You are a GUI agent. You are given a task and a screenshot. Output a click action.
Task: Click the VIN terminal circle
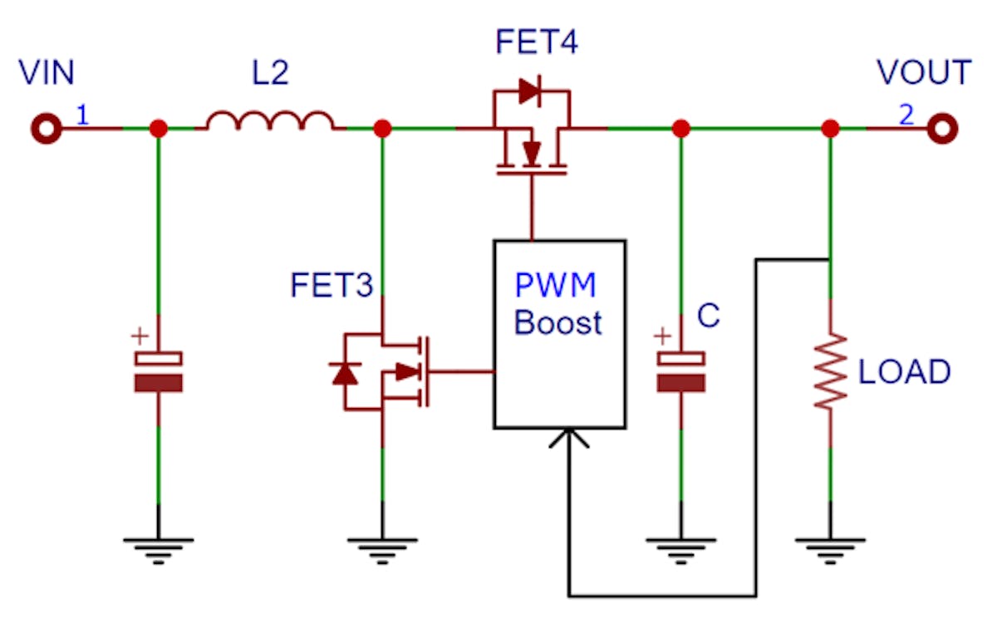[x=47, y=129]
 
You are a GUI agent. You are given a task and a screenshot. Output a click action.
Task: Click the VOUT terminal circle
[x=943, y=129]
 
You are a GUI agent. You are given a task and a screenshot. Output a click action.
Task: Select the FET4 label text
[x=537, y=42]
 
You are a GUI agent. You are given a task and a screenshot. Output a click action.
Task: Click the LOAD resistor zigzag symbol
[x=830, y=370]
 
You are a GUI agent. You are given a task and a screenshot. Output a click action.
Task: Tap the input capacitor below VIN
[x=158, y=370]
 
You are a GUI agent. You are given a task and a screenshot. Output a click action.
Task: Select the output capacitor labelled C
[x=680, y=370]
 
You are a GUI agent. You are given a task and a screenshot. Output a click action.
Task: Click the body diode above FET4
[x=529, y=92]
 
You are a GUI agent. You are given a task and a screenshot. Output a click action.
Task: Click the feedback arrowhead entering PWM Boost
[x=569, y=437]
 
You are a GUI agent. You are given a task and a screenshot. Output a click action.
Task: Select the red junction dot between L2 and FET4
[x=382, y=129]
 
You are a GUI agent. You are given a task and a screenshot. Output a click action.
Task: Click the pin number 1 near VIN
[x=82, y=115]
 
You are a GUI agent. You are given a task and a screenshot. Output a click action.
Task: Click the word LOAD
[x=904, y=372]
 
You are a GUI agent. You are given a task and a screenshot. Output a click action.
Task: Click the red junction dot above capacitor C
[x=680, y=129]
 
